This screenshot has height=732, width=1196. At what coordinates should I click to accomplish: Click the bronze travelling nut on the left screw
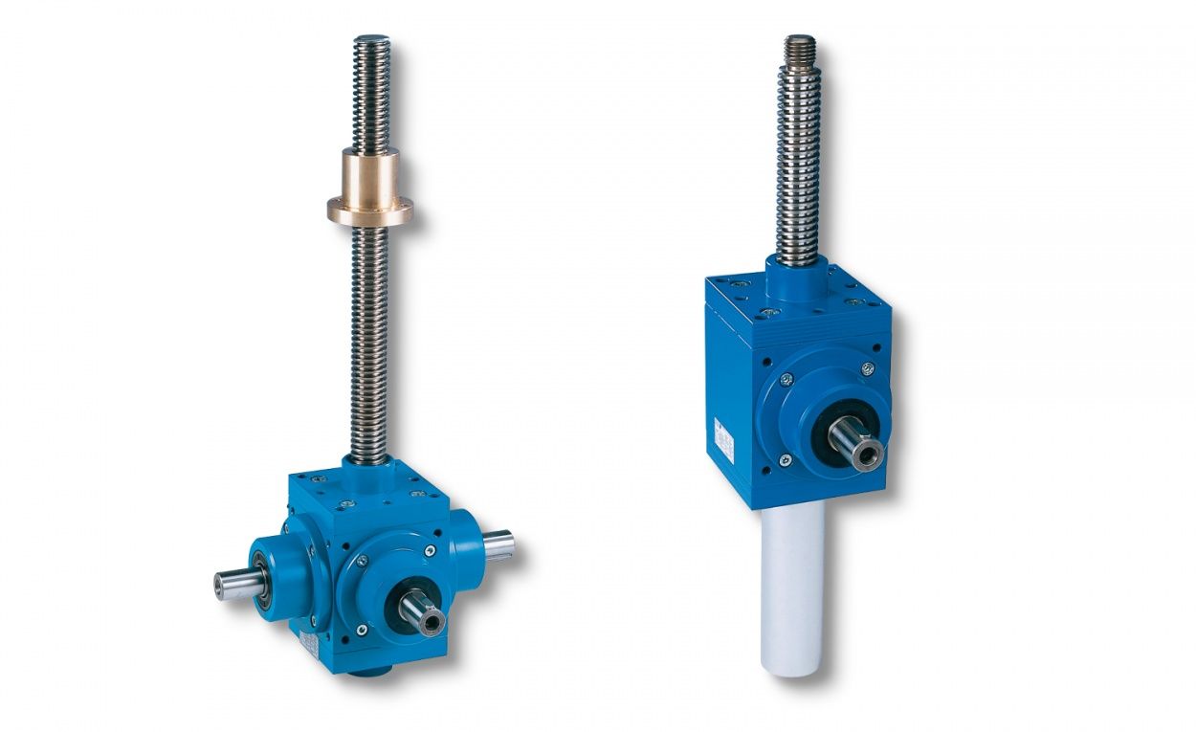point(369,174)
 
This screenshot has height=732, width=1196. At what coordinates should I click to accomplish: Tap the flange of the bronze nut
point(369,210)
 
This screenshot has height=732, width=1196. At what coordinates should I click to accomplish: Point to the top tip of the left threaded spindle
point(371,40)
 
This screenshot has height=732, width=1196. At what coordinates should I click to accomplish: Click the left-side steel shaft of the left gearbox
point(234,583)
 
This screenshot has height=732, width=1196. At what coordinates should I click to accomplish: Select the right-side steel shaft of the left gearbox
point(498,545)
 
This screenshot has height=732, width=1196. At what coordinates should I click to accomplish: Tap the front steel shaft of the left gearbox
point(422,610)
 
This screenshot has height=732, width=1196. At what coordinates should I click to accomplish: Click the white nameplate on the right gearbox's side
point(723,439)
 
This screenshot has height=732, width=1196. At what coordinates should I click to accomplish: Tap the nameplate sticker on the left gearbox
point(308,640)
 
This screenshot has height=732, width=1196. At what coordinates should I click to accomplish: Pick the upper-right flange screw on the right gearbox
point(867,369)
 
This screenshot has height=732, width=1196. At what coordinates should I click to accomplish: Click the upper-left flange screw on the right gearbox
point(786,379)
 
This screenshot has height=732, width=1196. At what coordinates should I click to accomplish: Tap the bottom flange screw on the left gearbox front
point(361,630)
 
